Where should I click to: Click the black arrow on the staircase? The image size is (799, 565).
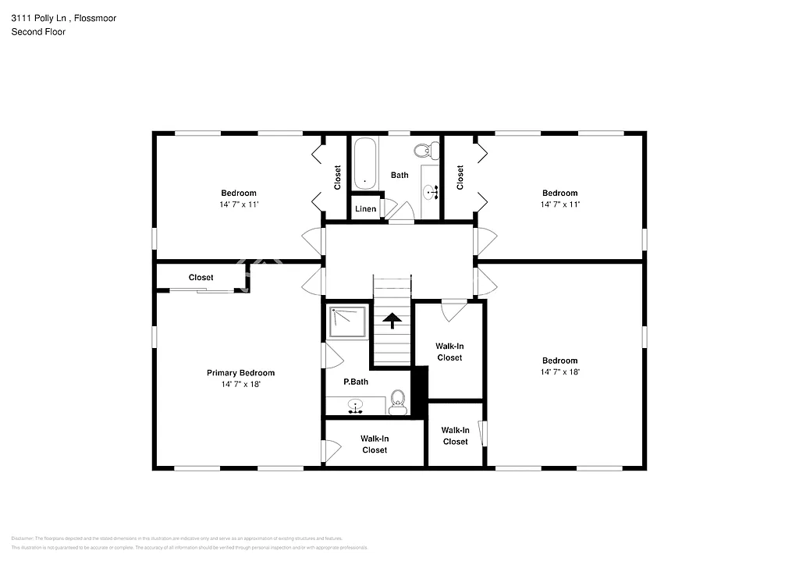pos(391,319)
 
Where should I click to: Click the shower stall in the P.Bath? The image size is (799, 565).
pos(348,322)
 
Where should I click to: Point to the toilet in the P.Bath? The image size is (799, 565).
pos(398,403)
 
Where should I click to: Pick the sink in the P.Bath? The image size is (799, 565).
pos(357,406)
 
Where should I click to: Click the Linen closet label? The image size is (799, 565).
pos(365,209)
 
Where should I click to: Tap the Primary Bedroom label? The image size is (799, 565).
pos(240,373)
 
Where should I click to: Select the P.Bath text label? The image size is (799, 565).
pos(356,382)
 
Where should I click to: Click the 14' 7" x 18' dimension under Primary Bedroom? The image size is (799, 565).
pos(240,384)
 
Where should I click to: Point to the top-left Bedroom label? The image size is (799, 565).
pos(238,193)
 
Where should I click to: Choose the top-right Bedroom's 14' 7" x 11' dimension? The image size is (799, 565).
pos(560,204)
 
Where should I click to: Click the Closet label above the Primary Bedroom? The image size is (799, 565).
pos(201,278)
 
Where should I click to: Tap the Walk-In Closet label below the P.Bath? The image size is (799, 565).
pos(375,444)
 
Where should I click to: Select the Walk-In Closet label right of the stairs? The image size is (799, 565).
pos(449,351)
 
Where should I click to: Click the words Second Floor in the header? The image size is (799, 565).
pos(38,32)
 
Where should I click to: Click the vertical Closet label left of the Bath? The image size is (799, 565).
pos(338,177)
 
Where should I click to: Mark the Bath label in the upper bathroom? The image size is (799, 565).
pos(399,175)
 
